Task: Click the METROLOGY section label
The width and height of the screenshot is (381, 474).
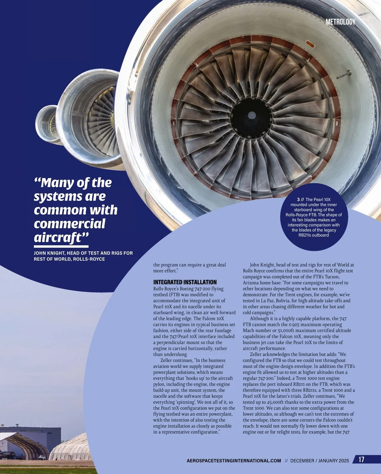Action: click(x=340, y=22)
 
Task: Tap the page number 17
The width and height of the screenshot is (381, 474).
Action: click(x=361, y=459)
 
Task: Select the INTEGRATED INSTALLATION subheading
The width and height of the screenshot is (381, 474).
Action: click(x=185, y=282)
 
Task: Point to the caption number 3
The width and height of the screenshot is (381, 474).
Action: click(x=298, y=199)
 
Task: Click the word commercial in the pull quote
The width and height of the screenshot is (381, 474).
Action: click(x=70, y=224)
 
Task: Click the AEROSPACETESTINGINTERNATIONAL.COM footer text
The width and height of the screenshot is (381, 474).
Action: click(x=234, y=461)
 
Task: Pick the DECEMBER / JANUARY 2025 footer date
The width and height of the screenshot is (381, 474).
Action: click(x=319, y=461)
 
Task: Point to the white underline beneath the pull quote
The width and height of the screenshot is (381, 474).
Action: click(x=61, y=246)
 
